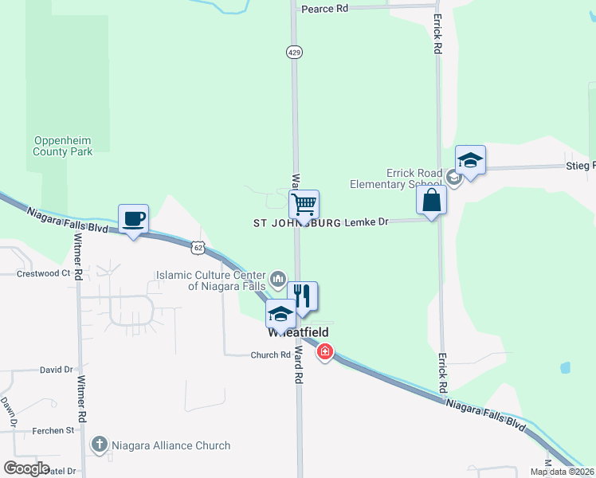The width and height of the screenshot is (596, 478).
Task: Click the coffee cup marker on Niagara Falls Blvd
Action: point(133,218)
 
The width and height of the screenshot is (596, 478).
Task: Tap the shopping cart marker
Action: point(304,204)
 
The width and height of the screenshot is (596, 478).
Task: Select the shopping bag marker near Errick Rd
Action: point(431,200)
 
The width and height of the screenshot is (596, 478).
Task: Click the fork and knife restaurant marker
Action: point(302,296)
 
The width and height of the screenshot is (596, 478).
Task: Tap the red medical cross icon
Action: point(324,351)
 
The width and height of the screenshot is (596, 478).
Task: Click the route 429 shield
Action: point(293,51)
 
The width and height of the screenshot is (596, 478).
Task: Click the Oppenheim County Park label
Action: point(63,146)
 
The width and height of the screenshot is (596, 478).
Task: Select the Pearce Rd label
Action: point(325,8)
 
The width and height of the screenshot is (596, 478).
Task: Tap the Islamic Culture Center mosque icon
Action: point(278,278)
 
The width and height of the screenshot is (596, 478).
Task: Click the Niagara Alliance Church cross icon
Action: point(99,445)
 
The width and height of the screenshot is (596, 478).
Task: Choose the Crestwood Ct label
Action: point(44,273)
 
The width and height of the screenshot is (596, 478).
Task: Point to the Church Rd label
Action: point(271,355)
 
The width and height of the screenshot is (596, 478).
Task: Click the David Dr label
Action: point(57,370)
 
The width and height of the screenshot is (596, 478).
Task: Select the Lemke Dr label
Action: point(367,222)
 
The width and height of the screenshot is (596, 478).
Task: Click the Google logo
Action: point(26,468)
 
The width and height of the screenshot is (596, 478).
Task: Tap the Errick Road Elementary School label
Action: point(395,178)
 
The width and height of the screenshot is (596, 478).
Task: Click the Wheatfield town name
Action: point(299,331)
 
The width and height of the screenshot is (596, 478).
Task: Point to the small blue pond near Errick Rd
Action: point(565,368)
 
